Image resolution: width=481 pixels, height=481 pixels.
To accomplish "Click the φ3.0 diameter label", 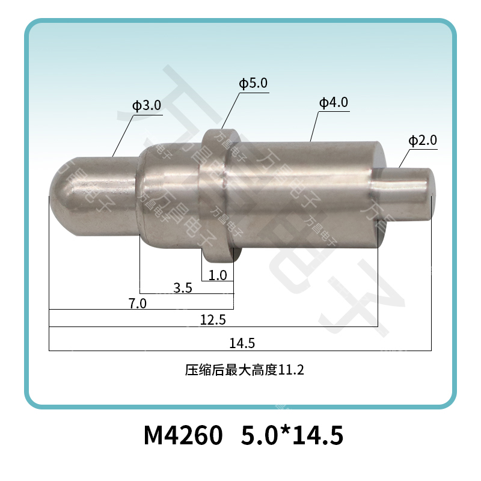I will point(147,106).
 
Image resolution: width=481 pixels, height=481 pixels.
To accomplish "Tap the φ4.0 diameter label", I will point(333,103).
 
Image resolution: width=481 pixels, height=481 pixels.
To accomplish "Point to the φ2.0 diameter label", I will point(422,141).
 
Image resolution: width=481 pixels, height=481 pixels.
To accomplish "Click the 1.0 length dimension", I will point(217,275).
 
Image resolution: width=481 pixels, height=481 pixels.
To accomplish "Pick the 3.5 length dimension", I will point(182,288).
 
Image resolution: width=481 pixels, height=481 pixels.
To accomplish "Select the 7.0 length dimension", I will point(138,303).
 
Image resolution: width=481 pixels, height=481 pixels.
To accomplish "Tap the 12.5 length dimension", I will point(213,320).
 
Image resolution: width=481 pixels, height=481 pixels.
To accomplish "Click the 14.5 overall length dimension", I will point(242,343).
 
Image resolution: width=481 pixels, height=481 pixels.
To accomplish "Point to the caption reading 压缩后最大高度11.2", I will point(244,370).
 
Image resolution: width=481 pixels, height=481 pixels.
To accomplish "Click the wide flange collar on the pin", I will point(216,195).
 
